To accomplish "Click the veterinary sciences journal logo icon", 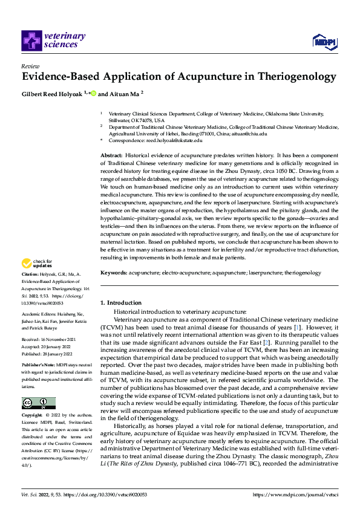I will coord(31,41).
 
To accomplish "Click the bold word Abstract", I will coord(111,156).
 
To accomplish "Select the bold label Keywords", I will coord(114,273).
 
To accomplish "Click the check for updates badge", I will coord(36,263).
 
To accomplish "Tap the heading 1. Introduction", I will coord(121,302).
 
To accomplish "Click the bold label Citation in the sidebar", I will coord(30,274).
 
